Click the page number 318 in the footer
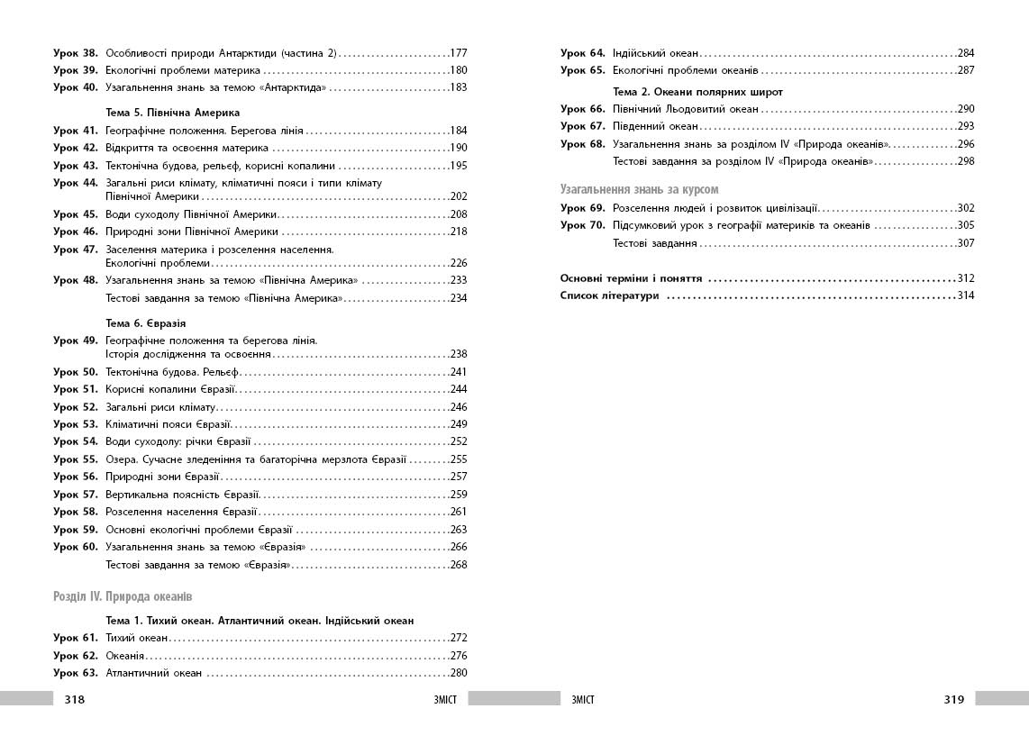(x=74, y=699)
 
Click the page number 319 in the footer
(x=954, y=699)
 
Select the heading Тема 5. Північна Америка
(x=173, y=114)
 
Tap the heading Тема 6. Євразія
(x=146, y=323)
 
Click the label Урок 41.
(x=75, y=131)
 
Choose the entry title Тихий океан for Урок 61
(x=137, y=638)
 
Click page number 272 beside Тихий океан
(x=459, y=638)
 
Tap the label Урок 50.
(x=75, y=371)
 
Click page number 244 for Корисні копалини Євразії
(x=459, y=389)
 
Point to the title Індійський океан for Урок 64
(x=655, y=53)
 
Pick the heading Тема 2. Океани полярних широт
(x=697, y=92)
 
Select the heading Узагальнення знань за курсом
(x=640, y=189)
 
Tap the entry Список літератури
(x=609, y=295)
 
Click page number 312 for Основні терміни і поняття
(x=966, y=278)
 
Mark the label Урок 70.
(x=582, y=225)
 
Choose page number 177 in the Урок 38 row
(x=459, y=53)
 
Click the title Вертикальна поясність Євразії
(x=183, y=494)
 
